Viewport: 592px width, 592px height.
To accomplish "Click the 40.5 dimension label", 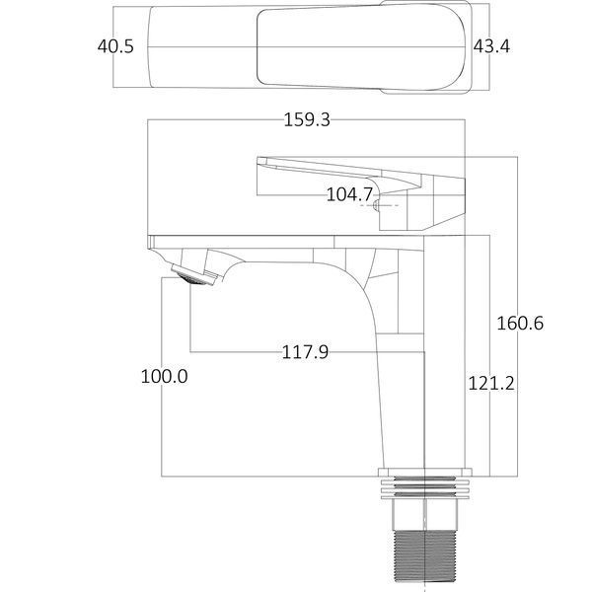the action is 115,46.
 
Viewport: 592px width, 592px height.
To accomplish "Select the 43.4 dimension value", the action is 491,46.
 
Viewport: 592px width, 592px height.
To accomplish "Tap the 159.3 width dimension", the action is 307,119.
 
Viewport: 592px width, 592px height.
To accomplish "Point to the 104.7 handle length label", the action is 349,194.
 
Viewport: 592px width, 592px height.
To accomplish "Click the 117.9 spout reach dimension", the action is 305,352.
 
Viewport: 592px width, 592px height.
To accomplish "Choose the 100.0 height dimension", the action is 164,377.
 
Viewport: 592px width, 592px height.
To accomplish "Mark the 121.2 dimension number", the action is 491,384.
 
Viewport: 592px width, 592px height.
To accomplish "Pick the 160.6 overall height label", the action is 520,324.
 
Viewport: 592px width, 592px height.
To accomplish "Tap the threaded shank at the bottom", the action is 425,559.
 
